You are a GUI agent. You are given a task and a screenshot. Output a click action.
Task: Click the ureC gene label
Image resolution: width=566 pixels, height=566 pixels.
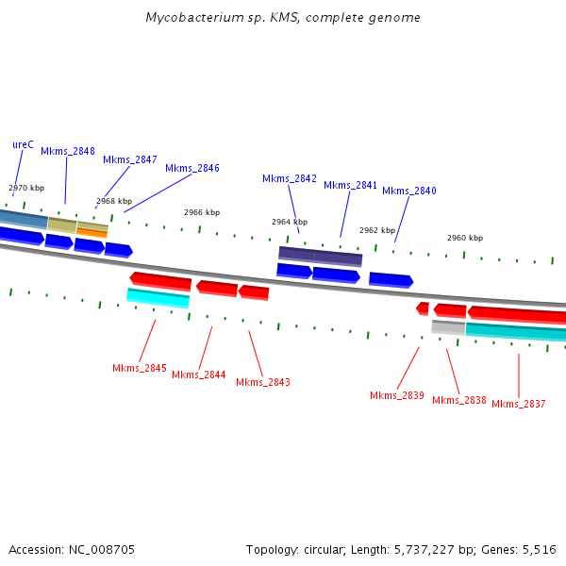click(x=23, y=144)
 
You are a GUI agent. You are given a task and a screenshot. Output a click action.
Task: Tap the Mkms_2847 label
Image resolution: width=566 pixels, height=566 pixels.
click(x=130, y=159)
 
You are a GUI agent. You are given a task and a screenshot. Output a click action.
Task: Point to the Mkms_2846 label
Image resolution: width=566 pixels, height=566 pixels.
click(x=192, y=168)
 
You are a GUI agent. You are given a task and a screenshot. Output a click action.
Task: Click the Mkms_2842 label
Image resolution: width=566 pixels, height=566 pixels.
click(x=290, y=178)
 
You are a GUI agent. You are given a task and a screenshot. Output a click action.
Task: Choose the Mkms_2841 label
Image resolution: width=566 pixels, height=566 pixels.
click(x=351, y=185)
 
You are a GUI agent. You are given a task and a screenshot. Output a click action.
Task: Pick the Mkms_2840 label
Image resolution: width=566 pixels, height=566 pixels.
click(x=409, y=191)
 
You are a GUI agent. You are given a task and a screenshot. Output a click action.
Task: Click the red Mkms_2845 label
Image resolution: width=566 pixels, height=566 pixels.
click(x=140, y=368)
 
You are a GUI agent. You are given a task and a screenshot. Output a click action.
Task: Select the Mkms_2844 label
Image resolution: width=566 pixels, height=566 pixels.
click(x=199, y=375)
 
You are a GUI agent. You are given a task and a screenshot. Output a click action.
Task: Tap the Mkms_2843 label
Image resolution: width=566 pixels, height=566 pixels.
click(x=263, y=382)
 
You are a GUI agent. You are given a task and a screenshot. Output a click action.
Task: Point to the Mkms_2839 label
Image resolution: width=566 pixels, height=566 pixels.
click(x=397, y=395)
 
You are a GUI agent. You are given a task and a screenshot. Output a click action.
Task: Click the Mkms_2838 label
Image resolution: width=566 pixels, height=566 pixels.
click(x=459, y=400)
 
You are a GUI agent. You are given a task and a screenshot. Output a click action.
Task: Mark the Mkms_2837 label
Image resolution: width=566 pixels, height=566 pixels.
click(x=519, y=404)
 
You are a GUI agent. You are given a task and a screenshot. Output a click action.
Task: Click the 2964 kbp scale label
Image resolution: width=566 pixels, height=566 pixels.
click(x=290, y=222)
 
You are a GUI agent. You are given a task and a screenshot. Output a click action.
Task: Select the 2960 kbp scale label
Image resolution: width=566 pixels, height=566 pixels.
click(x=465, y=238)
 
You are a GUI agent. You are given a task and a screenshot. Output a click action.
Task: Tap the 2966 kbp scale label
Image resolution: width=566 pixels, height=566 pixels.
click(x=202, y=212)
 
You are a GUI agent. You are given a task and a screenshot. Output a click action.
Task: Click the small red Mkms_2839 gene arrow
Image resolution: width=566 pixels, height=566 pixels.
click(x=423, y=308)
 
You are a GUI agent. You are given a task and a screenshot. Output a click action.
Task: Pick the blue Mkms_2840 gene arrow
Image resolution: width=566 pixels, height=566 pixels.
click(x=391, y=279)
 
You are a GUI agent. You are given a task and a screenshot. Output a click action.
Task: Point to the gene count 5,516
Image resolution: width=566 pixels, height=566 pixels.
click(x=539, y=549)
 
